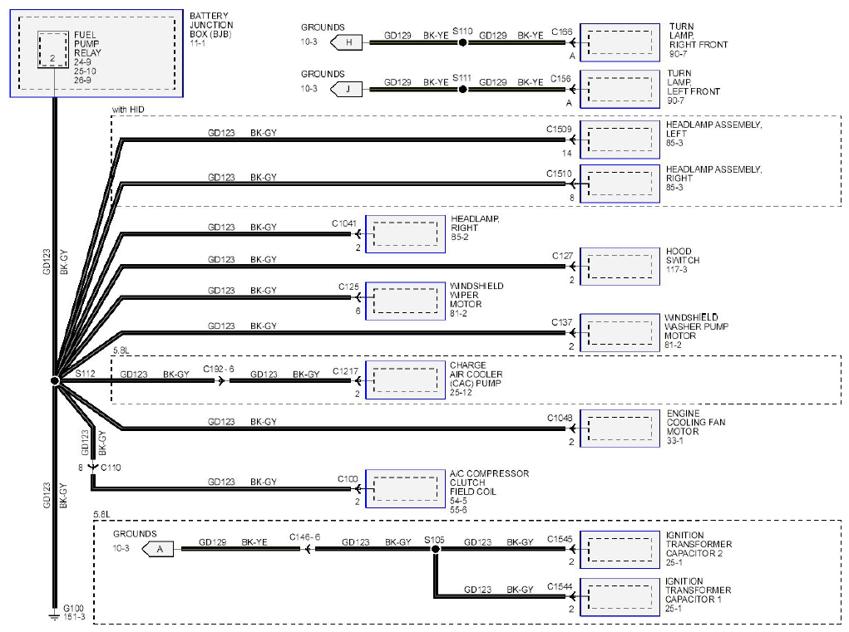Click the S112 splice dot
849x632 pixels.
point(55,380)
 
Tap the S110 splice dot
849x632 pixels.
point(462,42)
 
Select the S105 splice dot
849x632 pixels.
point(436,549)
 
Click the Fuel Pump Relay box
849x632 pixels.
point(53,50)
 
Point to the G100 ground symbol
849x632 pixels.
point(54,615)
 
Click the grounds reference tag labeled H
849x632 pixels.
point(347,42)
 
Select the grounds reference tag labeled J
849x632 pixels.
point(347,89)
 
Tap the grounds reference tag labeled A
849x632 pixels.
point(157,549)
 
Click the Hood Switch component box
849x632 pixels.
point(620,267)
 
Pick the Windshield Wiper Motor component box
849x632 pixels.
point(406,301)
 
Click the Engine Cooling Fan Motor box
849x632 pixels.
point(620,429)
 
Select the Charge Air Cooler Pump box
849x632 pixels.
point(406,380)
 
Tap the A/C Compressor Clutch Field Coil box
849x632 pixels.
point(406,488)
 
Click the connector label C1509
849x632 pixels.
point(559,130)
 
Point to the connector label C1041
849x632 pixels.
point(344,223)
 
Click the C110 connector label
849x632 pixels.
point(111,468)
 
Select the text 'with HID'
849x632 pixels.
point(128,109)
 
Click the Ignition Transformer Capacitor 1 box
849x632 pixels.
point(620,597)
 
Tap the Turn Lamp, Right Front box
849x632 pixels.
point(620,42)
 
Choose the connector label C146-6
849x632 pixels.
point(305,536)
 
